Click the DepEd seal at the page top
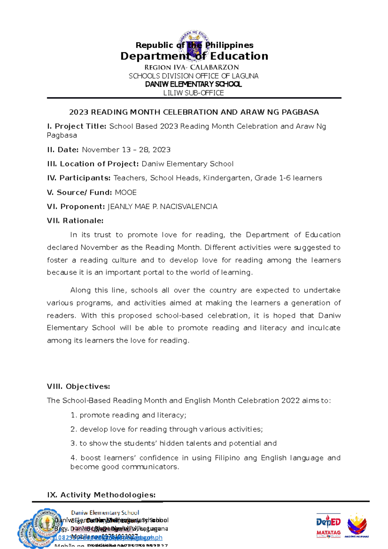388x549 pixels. click(194, 45)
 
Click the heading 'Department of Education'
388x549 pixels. click(194, 56)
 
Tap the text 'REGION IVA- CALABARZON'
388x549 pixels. click(192, 68)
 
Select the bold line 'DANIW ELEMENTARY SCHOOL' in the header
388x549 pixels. click(193, 84)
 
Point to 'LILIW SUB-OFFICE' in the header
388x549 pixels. click(193, 93)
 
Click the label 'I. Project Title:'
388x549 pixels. click(77, 126)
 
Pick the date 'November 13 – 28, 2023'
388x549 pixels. click(126, 150)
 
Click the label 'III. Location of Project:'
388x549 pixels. click(93, 164)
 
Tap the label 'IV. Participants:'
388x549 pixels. click(79, 178)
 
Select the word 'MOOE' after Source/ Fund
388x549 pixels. click(126, 193)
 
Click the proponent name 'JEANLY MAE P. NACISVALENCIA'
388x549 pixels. click(162, 207)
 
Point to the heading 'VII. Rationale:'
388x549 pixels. click(75, 221)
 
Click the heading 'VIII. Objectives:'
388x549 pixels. click(78, 387)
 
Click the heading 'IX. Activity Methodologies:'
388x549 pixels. click(101, 495)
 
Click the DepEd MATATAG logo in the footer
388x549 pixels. click(328, 525)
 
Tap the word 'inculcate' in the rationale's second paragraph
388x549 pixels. click(324, 328)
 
